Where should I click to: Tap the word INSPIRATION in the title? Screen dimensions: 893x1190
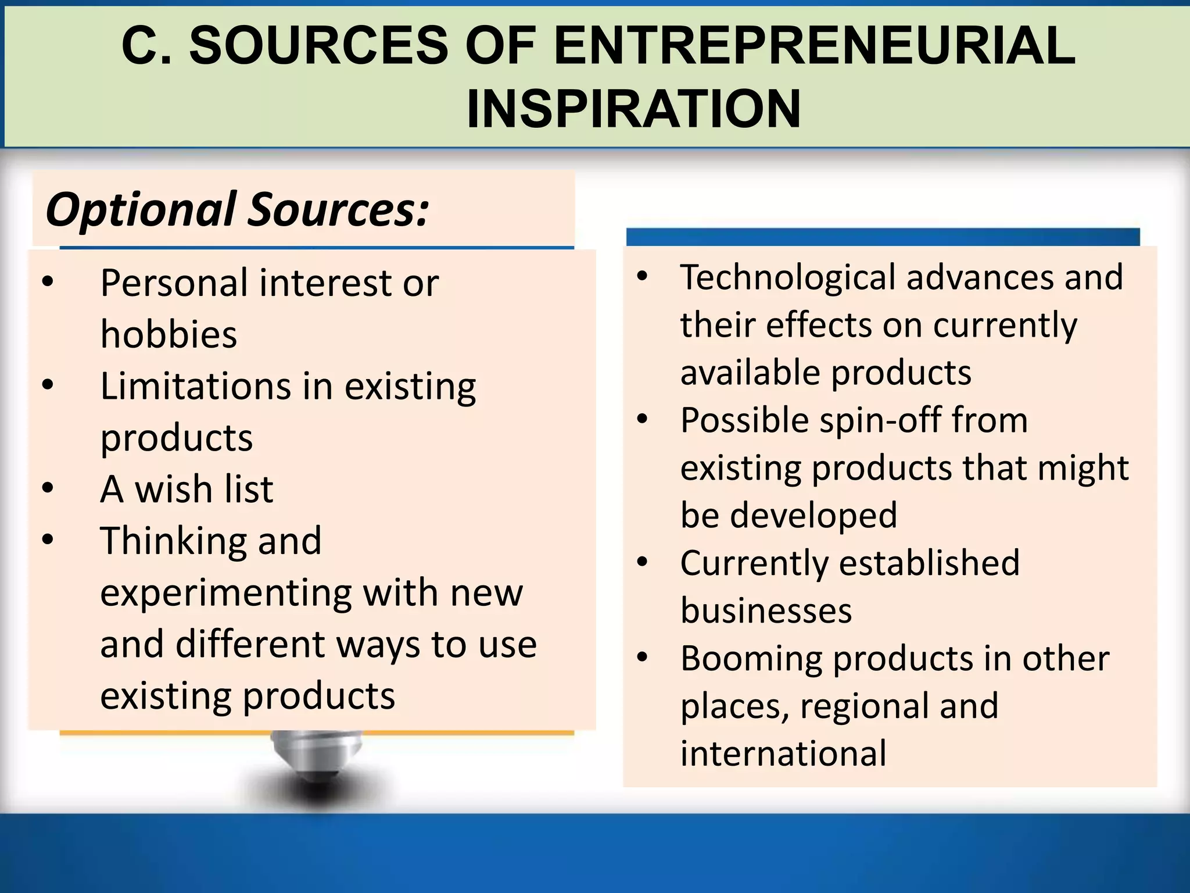pyautogui.click(x=634, y=109)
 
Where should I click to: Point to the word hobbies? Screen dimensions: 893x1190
pyautogui.click(x=169, y=334)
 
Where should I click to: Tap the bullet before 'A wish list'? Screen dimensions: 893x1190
pyautogui.click(x=48, y=487)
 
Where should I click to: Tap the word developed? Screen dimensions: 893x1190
pyautogui.click(x=813, y=515)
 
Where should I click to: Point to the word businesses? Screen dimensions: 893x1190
pyautogui.click(x=766, y=610)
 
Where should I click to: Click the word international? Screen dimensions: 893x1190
pyautogui.click(x=783, y=753)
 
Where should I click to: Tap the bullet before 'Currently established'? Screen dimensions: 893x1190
pyautogui.click(x=642, y=562)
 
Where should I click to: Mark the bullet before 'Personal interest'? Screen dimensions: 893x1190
pyautogui.click(x=48, y=282)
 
